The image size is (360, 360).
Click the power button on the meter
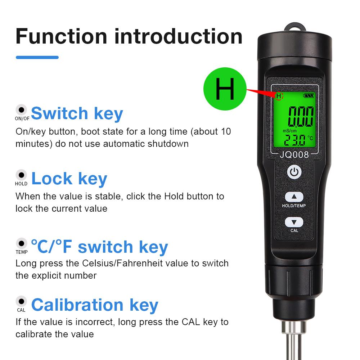coord(294,172)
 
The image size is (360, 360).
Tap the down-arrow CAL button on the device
coord(294,222)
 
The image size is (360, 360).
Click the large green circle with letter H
coord(225,89)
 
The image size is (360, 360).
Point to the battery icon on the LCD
coord(309,96)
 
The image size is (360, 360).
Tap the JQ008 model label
coord(294,155)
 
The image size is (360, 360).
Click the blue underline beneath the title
coord(37,57)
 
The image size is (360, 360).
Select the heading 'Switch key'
coord(77,113)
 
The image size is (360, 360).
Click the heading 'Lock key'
coord(69,179)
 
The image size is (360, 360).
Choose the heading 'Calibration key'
coord(95,305)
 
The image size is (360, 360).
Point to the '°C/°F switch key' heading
coord(99,247)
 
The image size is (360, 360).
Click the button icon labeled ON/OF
coord(22,110)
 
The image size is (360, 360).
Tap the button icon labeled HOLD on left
coord(22,175)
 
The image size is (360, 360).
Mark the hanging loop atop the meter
coord(294,28)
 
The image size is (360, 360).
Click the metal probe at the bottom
coord(294,342)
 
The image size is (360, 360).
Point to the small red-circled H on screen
coord(279,96)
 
